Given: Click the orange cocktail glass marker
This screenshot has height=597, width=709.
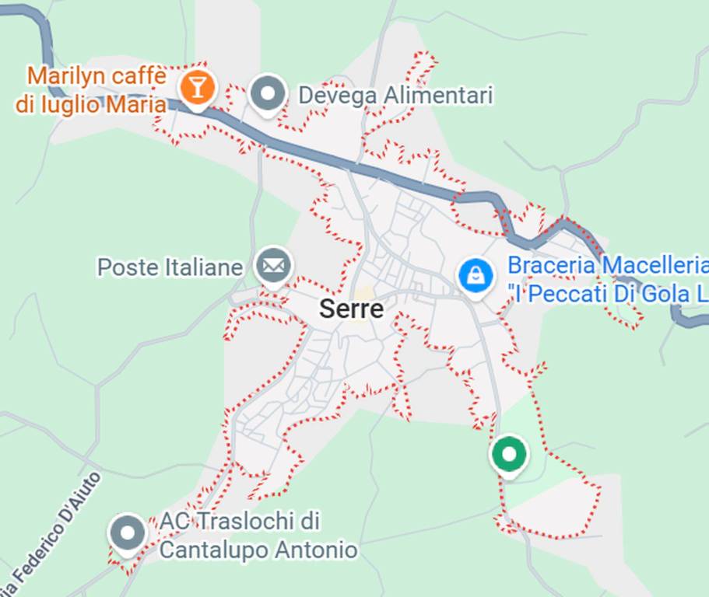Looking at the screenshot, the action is point(198,88).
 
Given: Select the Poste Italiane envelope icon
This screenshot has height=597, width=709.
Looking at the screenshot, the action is point(273,267).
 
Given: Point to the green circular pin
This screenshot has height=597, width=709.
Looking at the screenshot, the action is point(509,454).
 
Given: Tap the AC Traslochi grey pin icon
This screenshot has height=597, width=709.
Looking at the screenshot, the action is point(128,534).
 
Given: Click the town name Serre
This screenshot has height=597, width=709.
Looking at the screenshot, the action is point(351,309).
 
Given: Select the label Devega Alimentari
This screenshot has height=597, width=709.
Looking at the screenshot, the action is point(395,96).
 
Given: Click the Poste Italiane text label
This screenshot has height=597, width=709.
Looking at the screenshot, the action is point(170,268).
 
